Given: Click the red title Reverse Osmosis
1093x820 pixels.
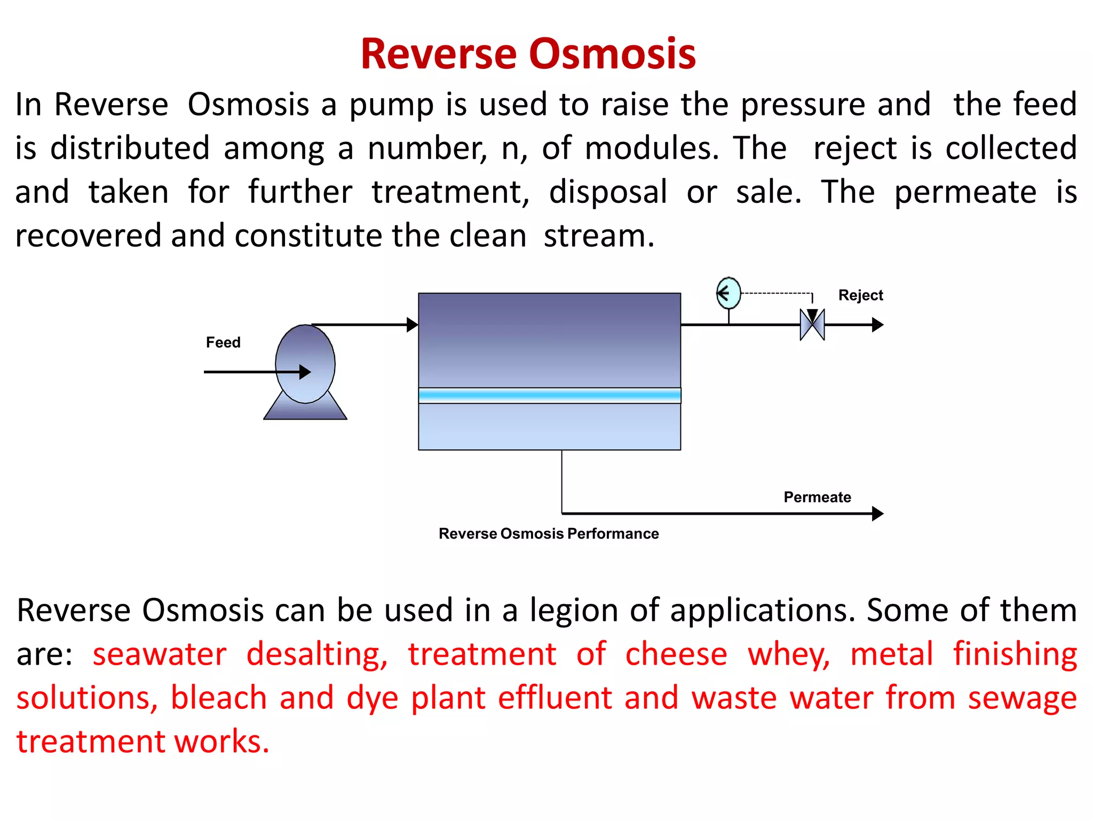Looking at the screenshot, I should [x=528, y=54].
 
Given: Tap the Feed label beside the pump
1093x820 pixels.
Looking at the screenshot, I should [x=223, y=342].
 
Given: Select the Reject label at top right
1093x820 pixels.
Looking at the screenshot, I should [x=860, y=295].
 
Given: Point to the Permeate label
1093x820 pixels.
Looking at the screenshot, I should [x=817, y=497].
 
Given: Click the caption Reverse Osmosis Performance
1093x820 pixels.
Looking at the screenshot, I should [x=549, y=533].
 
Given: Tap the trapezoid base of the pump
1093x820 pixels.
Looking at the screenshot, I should [x=305, y=411].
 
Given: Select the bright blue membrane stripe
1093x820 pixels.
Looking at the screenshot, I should [x=549, y=396].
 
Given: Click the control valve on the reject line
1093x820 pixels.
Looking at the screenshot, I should [x=812, y=325].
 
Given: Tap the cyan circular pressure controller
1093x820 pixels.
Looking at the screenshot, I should [x=728, y=293].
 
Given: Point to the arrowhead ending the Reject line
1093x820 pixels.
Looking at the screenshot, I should [x=877, y=325].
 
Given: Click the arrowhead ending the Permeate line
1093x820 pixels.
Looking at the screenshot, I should [x=877, y=514].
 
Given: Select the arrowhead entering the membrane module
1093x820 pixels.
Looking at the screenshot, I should [x=412, y=325].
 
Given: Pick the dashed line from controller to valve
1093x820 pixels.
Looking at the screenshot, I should [x=777, y=293].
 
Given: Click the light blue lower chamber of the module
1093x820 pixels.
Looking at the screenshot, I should [x=549, y=427].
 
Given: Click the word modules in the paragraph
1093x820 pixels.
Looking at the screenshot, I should [x=651, y=148].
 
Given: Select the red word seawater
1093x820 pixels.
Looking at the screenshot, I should [x=159, y=655].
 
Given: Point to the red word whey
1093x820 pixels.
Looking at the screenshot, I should [x=788, y=655].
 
